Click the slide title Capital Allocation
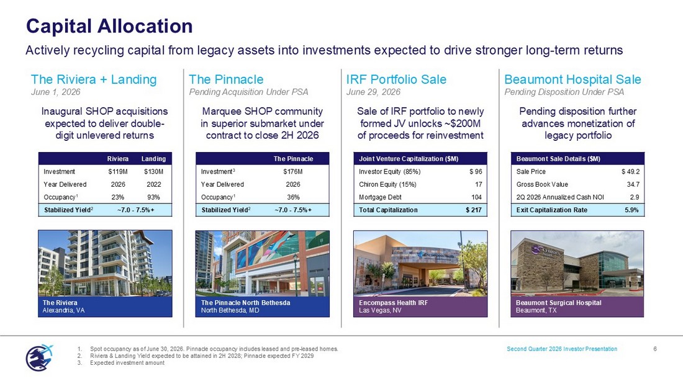109,26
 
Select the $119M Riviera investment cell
118,172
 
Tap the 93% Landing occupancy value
154,197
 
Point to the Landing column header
154,159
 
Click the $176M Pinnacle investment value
292,172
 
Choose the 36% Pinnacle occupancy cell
292,197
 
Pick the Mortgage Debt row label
380,197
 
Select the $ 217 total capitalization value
474,210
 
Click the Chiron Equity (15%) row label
387,184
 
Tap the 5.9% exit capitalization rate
631,210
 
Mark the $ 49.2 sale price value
631,172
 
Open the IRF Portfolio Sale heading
396,79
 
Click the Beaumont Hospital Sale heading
573,79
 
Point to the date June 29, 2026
373,92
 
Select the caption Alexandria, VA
63,310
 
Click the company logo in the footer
39,357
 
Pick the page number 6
655,349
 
